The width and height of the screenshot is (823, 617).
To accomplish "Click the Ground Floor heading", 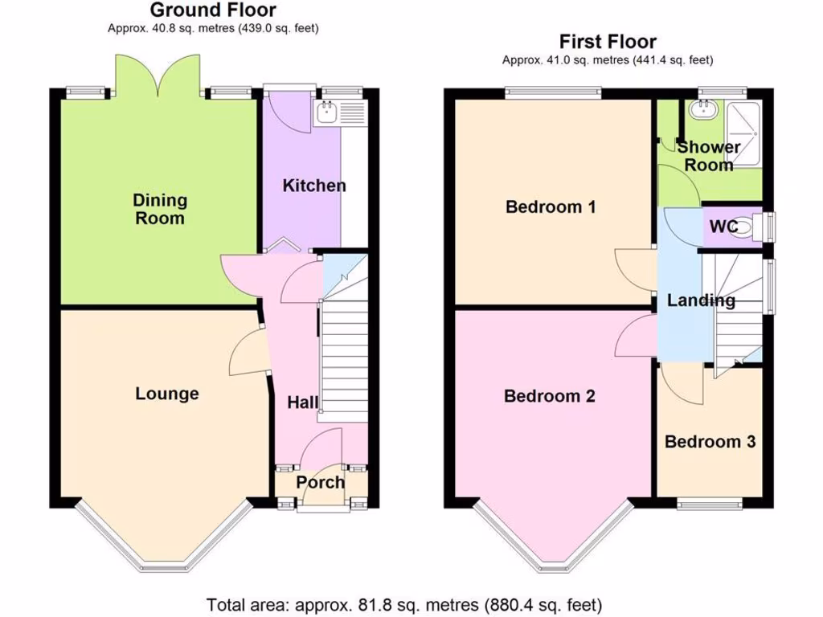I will coord(213,10).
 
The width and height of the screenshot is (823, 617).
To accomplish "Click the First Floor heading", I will coord(608,42).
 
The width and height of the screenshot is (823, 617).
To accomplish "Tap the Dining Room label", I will coord(159,209).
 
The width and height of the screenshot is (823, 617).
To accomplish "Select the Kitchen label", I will coord(314,186).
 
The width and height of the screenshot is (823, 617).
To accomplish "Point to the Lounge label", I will coord(166,394).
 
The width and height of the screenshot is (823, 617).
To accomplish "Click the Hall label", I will coord(303,402).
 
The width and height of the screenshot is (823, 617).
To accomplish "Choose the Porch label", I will coord(320,482).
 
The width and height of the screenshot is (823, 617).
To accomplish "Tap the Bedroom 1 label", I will coord(551,207).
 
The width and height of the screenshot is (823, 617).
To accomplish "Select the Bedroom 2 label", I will coord(550,396).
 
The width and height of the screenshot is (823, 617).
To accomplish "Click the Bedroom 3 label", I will coord(710,442).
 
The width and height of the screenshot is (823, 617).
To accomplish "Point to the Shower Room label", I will coord(708,156).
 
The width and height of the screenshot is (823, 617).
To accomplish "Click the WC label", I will coord(723,227).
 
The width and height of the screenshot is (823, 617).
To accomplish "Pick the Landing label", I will coord(701,300).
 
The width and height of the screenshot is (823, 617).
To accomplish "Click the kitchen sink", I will coord(329,115).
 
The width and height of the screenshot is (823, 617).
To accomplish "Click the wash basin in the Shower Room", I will coord(697,112).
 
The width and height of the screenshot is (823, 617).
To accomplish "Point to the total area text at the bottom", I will coord(404,604).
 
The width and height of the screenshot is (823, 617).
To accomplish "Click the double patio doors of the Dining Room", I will coord(158,76).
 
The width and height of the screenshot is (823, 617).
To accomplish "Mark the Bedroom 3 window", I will coord(709,504).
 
